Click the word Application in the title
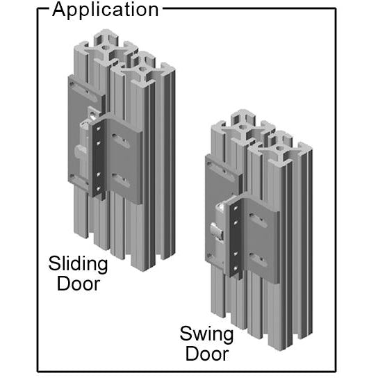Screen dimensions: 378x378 coord(106,10)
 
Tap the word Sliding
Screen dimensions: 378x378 coord(78,265)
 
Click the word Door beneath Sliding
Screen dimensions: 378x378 coord(79,283)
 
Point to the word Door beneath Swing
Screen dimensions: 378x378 coord(207,354)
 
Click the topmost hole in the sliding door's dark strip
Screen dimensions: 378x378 coord(98,129)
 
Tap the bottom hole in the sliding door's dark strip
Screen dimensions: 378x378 coord(98,188)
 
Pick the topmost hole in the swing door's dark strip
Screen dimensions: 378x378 coord(236,208)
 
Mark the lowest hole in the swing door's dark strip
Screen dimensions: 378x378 coord(236,268)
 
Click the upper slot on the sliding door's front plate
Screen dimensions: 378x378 coord(120,141)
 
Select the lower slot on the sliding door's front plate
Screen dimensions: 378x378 coord(120,180)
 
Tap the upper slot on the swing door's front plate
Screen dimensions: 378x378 coord(258,220)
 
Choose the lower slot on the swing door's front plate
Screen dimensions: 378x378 coord(258,260)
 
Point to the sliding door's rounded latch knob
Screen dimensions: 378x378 coord(80,152)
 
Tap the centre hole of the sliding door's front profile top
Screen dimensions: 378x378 coord(142,69)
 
